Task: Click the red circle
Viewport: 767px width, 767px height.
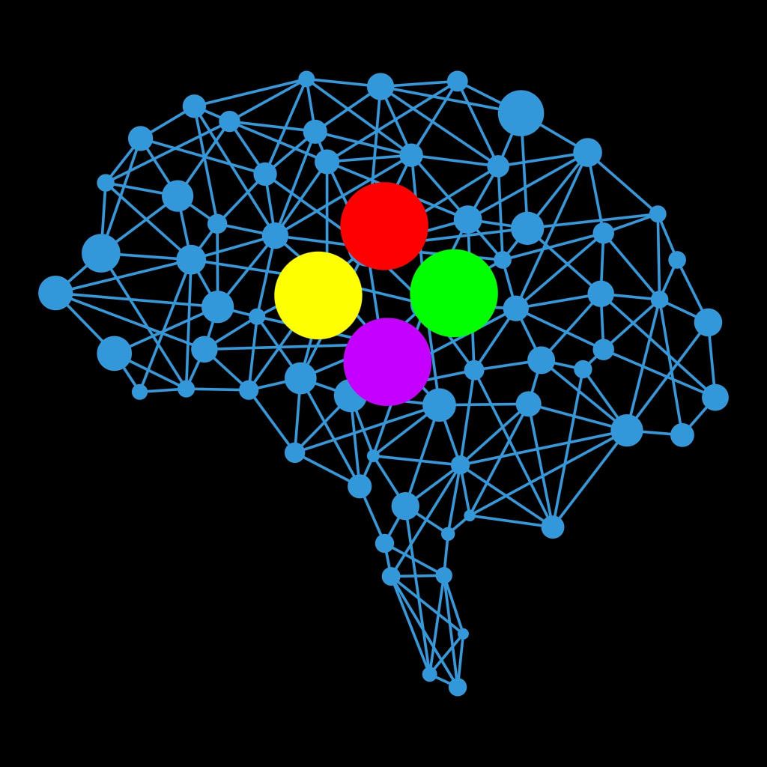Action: pyautogui.click(x=384, y=225)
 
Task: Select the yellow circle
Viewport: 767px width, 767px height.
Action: pyautogui.click(x=318, y=295)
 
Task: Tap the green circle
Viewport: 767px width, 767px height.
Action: pyautogui.click(x=454, y=293)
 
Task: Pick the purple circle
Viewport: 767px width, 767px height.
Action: pyautogui.click(x=387, y=362)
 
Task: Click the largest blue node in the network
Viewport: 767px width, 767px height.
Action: pyautogui.click(x=521, y=113)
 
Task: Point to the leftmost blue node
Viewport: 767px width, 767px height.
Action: pyautogui.click(x=55, y=293)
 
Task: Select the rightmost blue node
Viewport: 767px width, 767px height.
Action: pyautogui.click(x=715, y=397)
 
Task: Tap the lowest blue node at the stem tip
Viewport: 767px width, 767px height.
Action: pyautogui.click(x=458, y=687)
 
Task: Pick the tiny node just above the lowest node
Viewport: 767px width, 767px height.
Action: pyautogui.click(x=429, y=674)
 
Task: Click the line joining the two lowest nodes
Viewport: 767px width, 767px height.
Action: pyautogui.click(x=443, y=680)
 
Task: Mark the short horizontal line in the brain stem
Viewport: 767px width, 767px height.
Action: pyautogui.click(x=417, y=576)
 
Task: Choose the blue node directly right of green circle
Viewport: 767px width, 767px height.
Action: pyautogui.click(x=515, y=308)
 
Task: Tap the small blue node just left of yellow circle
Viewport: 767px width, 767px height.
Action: pyautogui.click(x=257, y=316)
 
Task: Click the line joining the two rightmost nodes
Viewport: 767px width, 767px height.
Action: pyautogui.click(x=712, y=360)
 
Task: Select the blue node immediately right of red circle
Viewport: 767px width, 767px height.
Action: pyautogui.click(x=467, y=219)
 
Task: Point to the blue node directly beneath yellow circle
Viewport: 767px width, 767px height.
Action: pyautogui.click(x=300, y=378)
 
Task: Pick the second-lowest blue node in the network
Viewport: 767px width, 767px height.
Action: pyautogui.click(x=429, y=674)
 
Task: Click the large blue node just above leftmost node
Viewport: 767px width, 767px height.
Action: pyautogui.click(x=101, y=253)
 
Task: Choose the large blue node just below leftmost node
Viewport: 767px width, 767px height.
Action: pyautogui.click(x=114, y=353)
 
